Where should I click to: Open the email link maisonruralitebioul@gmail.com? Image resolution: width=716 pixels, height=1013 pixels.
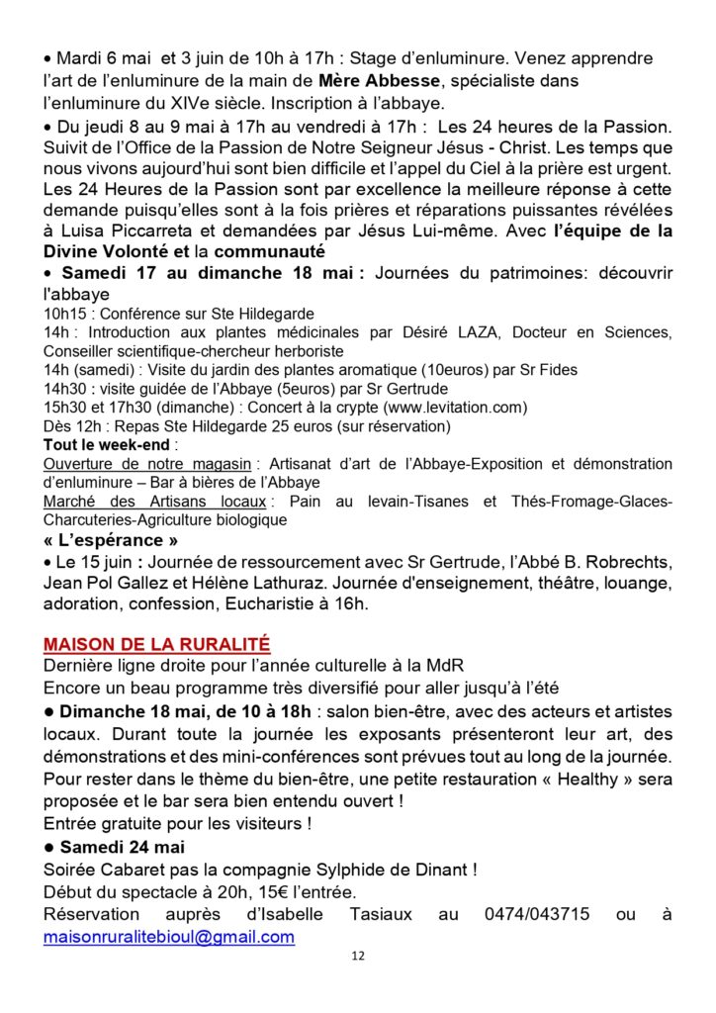click(x=169, y=936)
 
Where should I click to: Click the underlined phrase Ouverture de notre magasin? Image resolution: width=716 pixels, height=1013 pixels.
click(x=147, y=464)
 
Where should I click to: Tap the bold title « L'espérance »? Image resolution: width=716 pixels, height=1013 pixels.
click(x=112, y=540)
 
